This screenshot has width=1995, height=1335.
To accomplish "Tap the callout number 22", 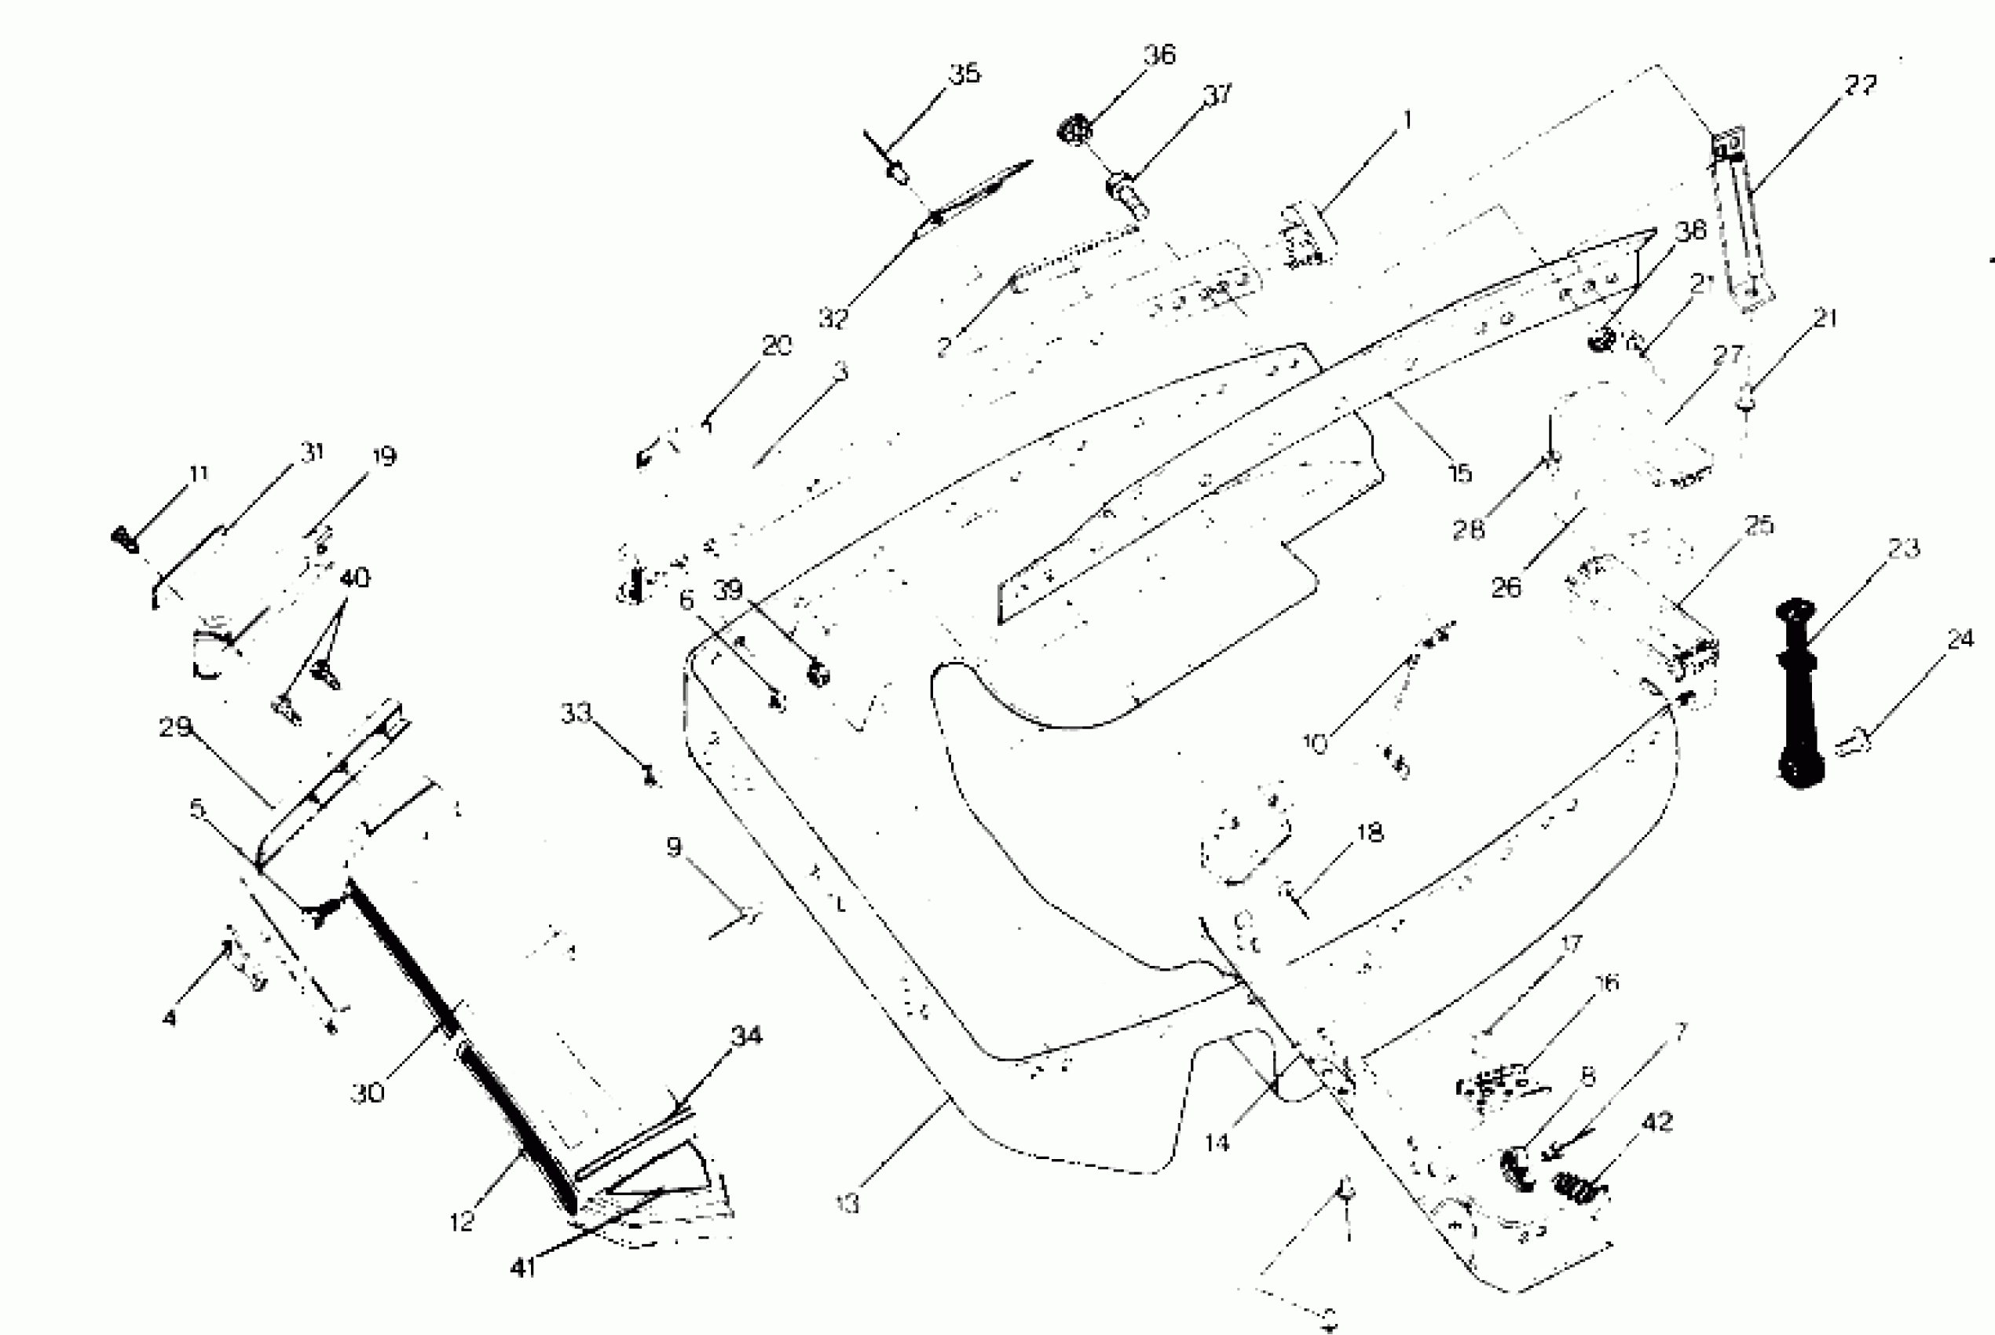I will (x=1861, y=85).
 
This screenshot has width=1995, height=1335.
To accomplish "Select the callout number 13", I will (x=848, y=1203).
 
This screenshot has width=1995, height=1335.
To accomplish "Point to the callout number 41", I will (x=523, y=1267).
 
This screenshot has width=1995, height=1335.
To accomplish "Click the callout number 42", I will (x=1657, y=1122).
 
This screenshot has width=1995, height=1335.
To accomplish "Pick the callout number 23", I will (x=1904, y=547).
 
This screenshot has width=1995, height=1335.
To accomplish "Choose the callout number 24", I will (x=1960, y=638).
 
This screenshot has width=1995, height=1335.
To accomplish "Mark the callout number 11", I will (x=198, y=474).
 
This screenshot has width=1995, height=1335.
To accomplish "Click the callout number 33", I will (x=576, y=712).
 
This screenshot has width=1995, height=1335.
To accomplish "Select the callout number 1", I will (x=1407, y=120).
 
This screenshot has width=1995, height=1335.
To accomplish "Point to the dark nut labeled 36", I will (x=1075, y=130).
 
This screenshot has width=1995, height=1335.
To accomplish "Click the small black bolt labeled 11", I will (x=125, y=539).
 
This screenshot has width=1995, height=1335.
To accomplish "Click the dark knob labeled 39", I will (x=818, y=676).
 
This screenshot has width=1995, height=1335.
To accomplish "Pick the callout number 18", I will (x=1370, y=832).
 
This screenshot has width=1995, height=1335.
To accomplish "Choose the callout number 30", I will (x=367, y=1092).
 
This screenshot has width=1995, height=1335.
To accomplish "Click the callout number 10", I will (x=1316, y=743).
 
